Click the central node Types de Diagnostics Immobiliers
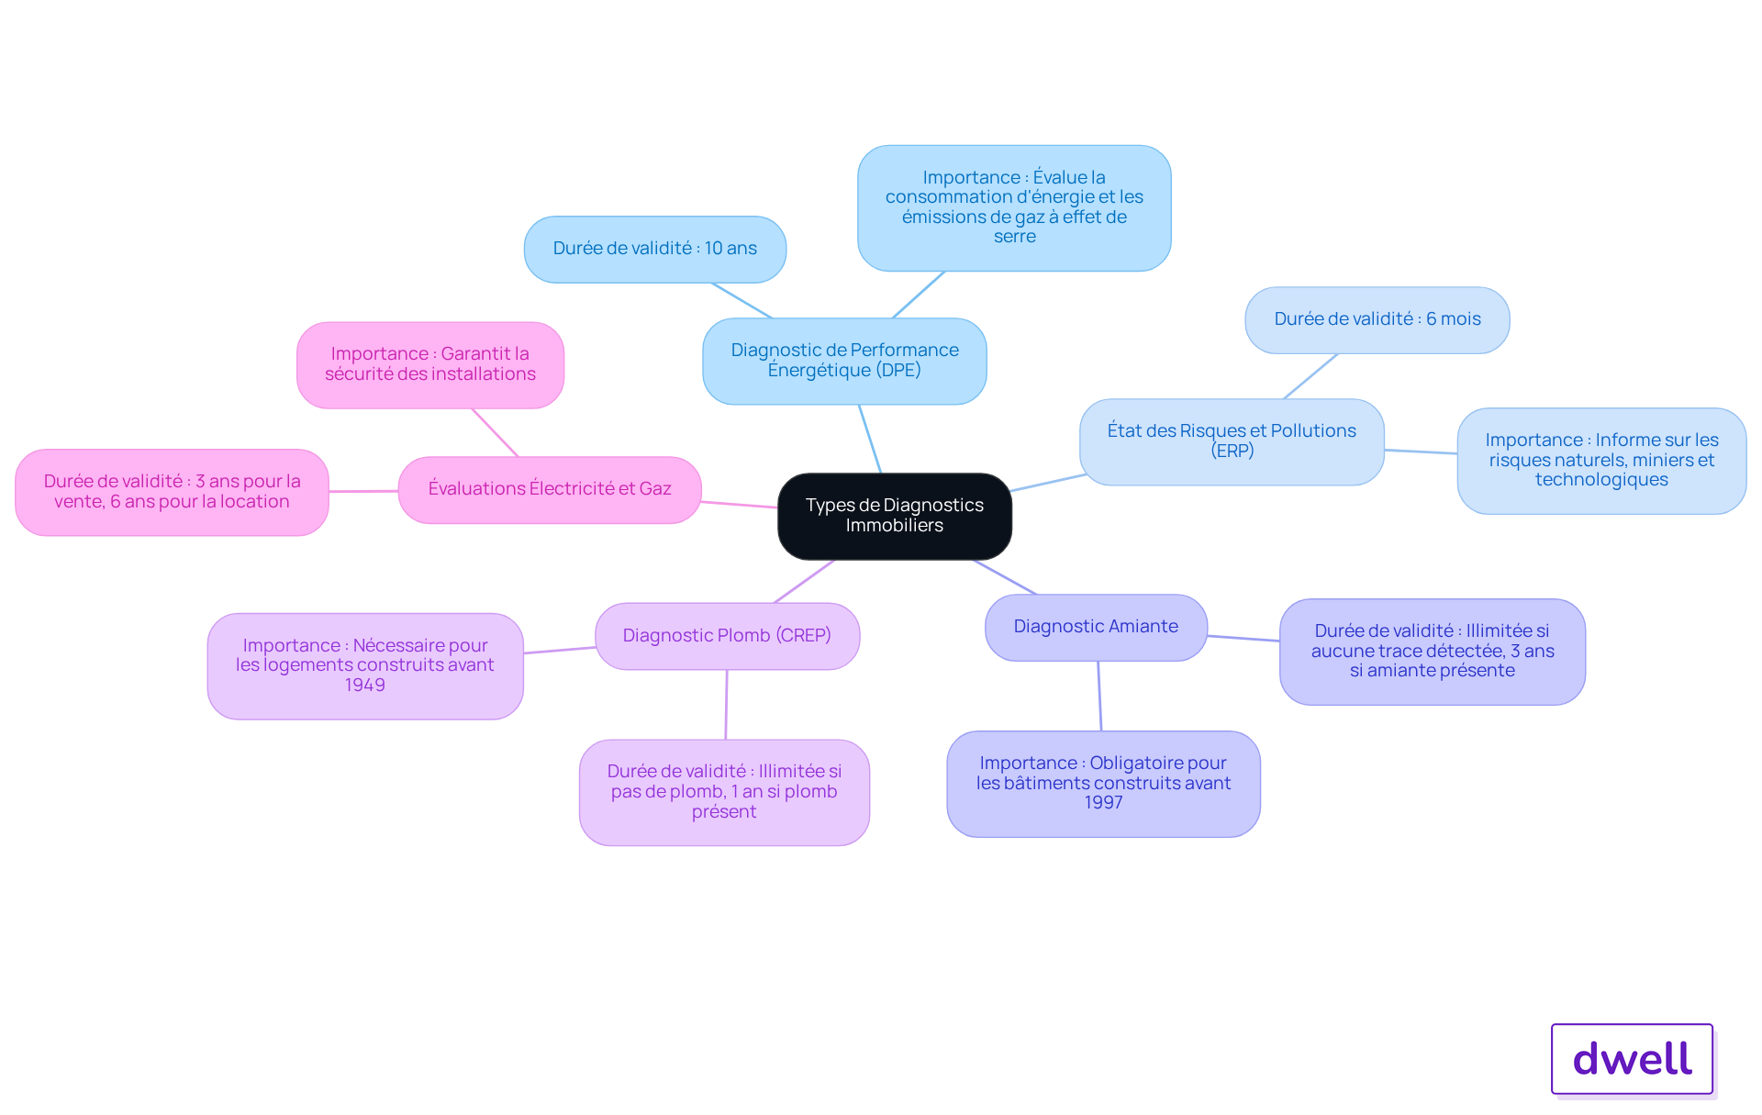click(895, 516)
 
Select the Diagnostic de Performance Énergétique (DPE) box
click(844, 361)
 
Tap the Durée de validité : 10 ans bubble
click(655, 249)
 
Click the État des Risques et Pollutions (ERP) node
click(1232, 441)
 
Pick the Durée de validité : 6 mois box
click(1377, 319)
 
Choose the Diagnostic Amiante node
click(1096, 627)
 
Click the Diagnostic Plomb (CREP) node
click(727, 636)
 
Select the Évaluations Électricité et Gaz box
click(550, 489)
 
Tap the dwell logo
click(1633, 1059)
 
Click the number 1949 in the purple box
click(365, 686)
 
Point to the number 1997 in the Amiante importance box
click(1103, 803)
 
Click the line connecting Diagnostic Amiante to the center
click(1005, 577)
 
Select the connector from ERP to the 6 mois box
click(1310, 376)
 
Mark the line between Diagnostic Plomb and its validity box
click(726, 705)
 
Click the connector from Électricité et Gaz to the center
click(740, 504)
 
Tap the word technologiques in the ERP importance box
click(1601, 480)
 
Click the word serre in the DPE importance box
click(1014, 237)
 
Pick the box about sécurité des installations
click(430, 364)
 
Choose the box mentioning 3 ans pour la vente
click(172, 492)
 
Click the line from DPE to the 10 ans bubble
click(742, 301)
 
